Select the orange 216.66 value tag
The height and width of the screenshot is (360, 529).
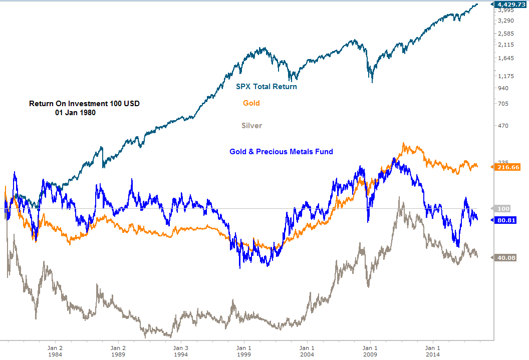click(508, 167)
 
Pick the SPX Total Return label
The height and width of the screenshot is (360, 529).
click(267, 87)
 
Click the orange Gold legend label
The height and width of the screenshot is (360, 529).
click(251, 103)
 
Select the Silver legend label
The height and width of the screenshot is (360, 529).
click(251, 125)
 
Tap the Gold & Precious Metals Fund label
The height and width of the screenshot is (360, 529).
click(281, 151)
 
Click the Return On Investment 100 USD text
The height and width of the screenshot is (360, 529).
click(84, 104)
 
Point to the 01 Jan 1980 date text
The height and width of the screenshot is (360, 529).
click(75, 113)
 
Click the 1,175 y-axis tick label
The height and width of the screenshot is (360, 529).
click(506, 76)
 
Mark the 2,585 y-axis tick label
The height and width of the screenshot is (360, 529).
click(506, 34)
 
